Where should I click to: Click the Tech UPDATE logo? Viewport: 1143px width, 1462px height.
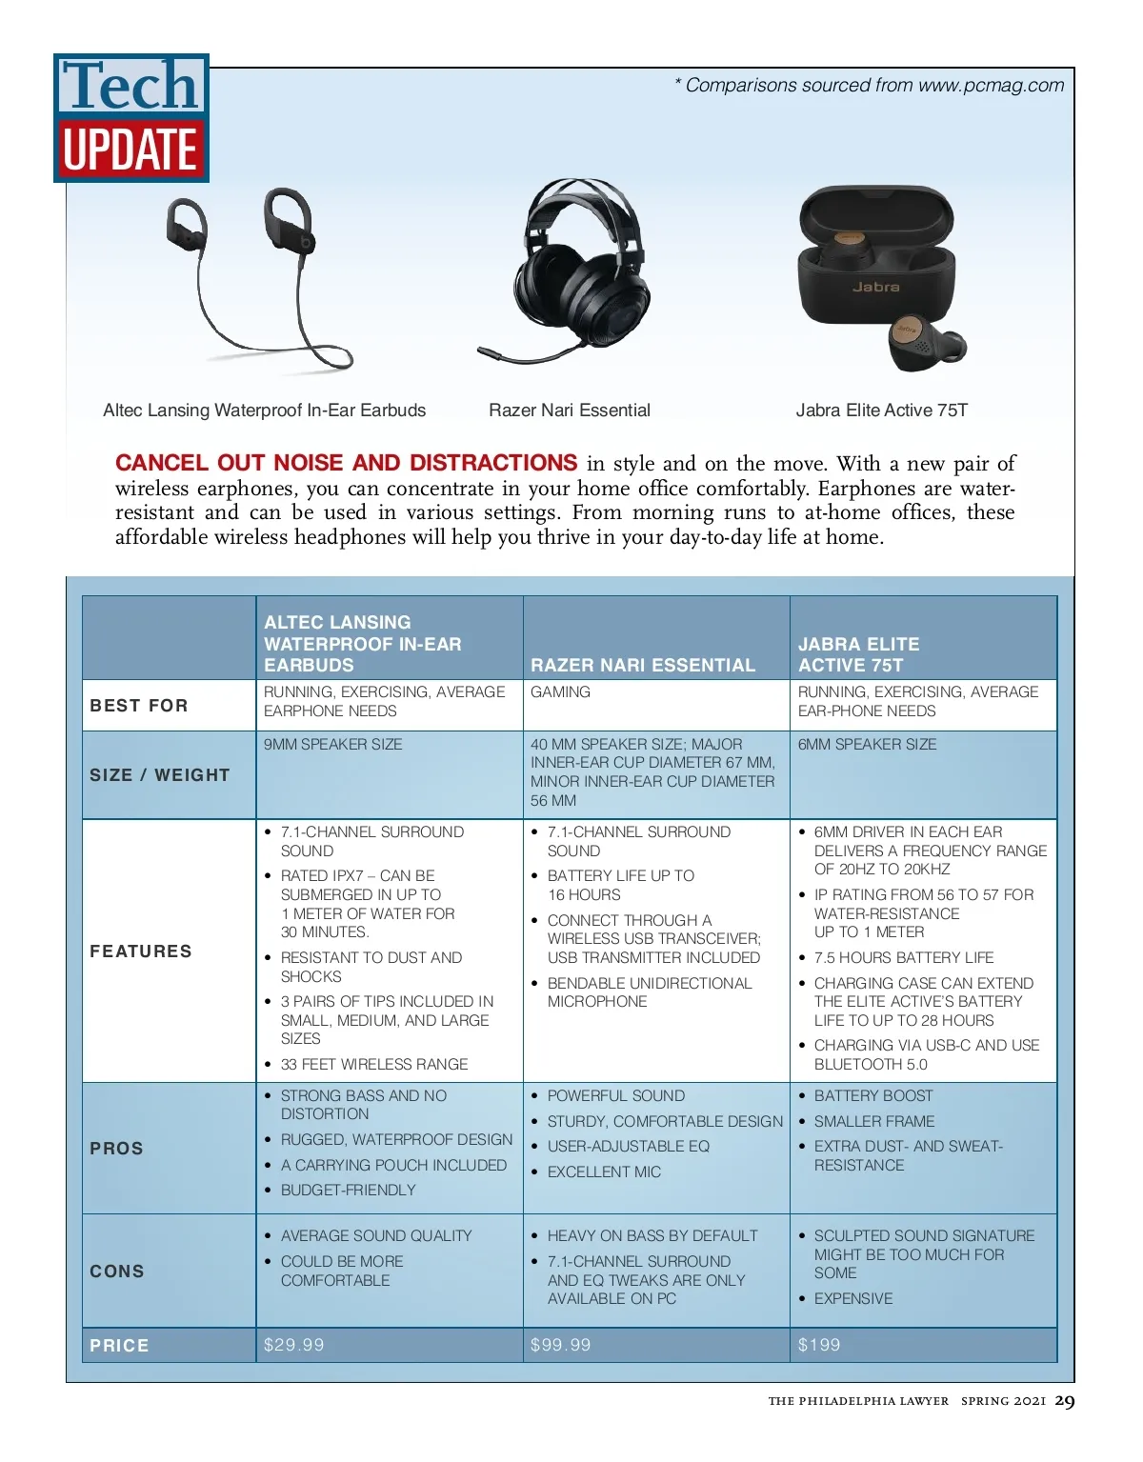point(131,118)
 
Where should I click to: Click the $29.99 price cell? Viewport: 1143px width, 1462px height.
point(293,1345)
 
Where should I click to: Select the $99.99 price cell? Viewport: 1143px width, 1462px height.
point(560,1345)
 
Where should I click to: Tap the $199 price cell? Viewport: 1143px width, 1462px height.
point(819,1345)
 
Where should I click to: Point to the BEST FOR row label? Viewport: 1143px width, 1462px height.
point(139,706)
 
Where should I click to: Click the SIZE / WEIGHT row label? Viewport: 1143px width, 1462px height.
point(160,775)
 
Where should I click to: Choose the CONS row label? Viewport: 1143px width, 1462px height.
point(117,1272)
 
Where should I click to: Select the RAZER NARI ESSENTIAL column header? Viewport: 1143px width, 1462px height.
point(643,665)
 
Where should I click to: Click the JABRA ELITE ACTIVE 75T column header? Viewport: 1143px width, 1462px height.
point(858,654)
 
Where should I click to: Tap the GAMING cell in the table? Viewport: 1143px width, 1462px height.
point(560,692)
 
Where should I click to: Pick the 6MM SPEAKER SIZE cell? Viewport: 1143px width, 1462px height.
point(867,744)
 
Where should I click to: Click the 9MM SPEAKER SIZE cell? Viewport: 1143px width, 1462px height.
point(332,744)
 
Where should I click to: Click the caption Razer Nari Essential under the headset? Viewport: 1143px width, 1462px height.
point(570,411)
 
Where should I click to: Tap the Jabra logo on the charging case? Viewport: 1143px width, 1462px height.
point(875,287)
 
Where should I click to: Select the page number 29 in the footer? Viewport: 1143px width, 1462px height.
point(1065,1400)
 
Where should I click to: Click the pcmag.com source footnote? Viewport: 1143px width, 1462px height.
point(869,86)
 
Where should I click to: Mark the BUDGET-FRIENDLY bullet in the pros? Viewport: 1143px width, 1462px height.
point(348,1190)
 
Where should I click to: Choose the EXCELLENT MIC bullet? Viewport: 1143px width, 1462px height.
point(604,1172)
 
